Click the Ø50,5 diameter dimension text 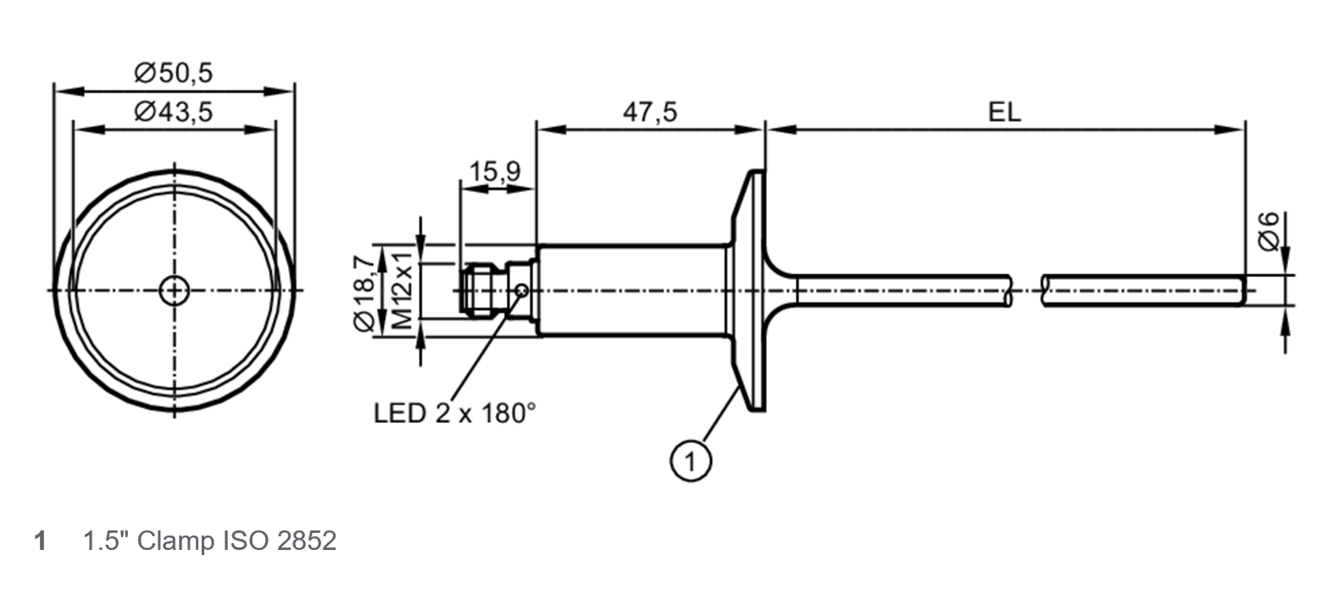pyautogui.click(x=173, y=73)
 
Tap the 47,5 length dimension pyautogui.click(x=650, y=112)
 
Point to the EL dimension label pyautogui.click(x=1005, y=112)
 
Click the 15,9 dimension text pyautogui.click(x=496, y=171)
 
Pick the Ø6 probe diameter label pyautogui.click(x=1269, y=230)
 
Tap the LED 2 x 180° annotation pyautogui.click(x=455, y=414)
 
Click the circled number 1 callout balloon pyautogui.click(x=691, y=462)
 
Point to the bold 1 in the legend pyautogui.click(x=40, y=541)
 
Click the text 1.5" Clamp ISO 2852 pyautogui.click(x=209, y=541)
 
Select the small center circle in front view pyautogui.click(x=175, y=291)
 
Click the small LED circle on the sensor pyautogui.click(x=522, y=291)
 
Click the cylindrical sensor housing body pyautogui.click(x=631, y=291)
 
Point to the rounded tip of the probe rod pyautogui.click(x=1243, y=291)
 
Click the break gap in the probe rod pyautogui.click(x=1026, y=291)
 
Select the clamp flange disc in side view pyautogui.click(x=750, y=291)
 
